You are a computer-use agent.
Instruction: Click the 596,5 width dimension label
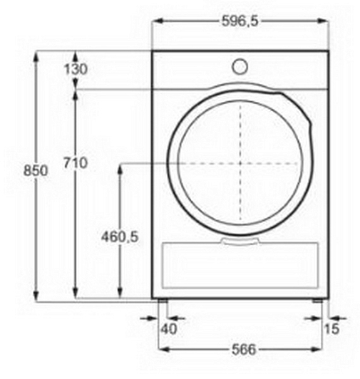[240, 21]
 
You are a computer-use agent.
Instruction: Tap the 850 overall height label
[36, 171]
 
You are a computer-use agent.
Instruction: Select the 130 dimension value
[76, 69]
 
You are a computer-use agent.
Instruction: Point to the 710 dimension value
[76, 163]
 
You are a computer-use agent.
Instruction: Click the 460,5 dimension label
[120, 237]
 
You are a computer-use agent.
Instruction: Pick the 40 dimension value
[169, 328]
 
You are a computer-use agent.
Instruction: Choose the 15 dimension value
[331, 328]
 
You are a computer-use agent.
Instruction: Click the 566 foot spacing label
[244, 349]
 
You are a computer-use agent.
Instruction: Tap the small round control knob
[240, 67]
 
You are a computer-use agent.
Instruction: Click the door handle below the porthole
[240, 242]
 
